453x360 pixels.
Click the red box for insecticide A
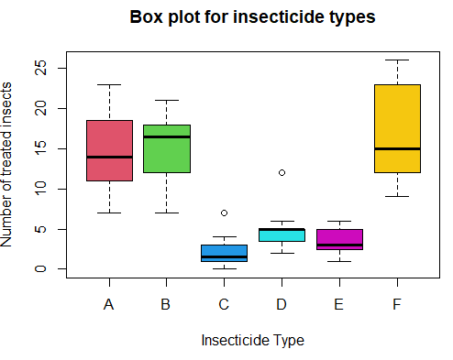(x=109, y=150)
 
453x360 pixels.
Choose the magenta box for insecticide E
(x=339, y=239)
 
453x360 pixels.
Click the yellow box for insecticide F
(x=397, y=128)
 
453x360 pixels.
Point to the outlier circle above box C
(x=224, y=213)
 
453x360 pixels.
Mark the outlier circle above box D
(x=282, y=172)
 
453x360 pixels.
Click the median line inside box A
(x=109, y=157)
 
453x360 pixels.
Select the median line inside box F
(x=397, y=148)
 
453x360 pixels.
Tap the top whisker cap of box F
(x=397, y=60)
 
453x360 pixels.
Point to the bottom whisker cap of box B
(x=166, y=213)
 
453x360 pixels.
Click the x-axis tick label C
(x=224, y=304)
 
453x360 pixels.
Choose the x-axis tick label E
(x=339, y=304)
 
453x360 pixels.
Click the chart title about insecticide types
(x=252, y=17)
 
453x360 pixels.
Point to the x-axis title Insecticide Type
(x=252, y=340)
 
